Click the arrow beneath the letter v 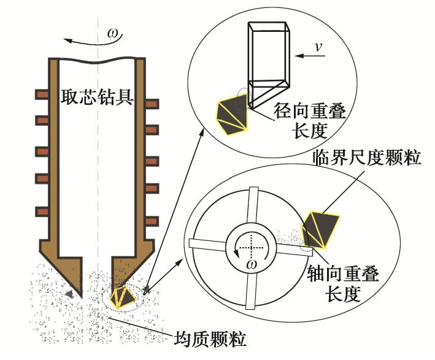click(x=311, y=57)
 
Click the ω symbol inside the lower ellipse click(x=250, y=264)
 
